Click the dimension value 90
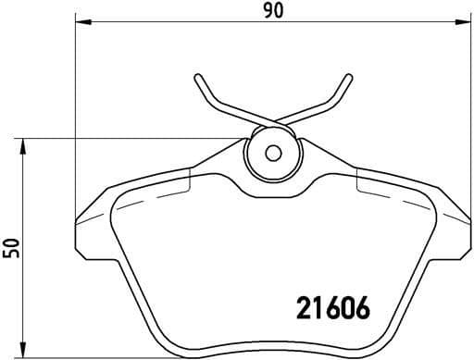tap(271, 10)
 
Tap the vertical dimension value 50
tap(11, 247)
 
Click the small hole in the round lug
tap(272, 155)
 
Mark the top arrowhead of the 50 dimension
tap(24, 144)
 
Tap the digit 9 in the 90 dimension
tap(266, 10)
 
